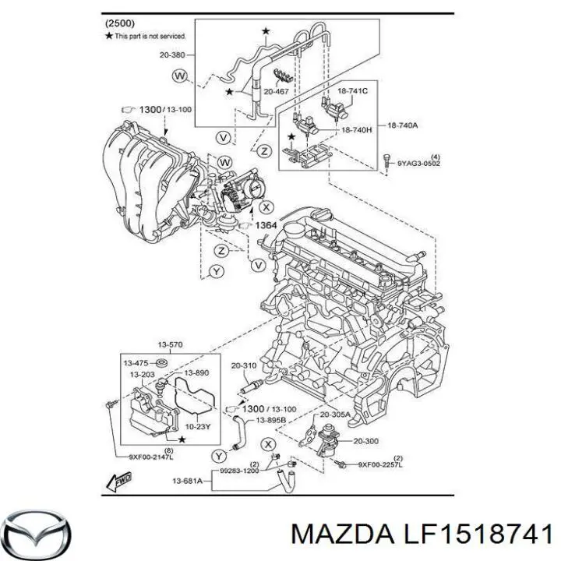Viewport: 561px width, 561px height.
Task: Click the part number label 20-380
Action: coord(174,55)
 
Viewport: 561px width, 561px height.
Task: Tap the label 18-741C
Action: coord(355,91)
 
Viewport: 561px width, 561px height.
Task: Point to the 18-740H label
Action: coord(356,129)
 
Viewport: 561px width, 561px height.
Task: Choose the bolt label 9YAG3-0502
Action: coord(417,163)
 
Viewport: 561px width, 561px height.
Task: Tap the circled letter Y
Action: coord(217,271)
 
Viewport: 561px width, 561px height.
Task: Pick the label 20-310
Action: coord(243,365)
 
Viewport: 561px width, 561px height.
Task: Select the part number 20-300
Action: coord(366,441)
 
